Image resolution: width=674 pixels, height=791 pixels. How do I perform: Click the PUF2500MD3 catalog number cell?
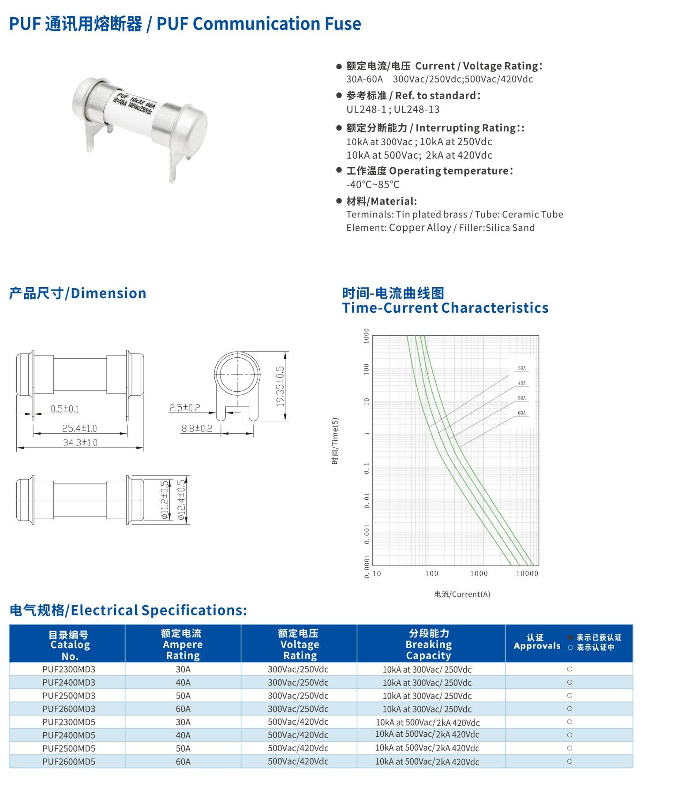(69, 696)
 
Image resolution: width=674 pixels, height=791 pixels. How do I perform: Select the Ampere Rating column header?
(183, 645)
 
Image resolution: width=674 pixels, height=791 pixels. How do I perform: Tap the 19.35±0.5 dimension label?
(280, 386)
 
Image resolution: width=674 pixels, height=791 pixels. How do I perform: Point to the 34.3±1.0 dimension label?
(80, 442)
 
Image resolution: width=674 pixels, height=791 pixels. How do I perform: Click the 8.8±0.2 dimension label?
(197, 428)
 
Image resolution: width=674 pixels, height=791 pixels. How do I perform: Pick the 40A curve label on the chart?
(522, 383)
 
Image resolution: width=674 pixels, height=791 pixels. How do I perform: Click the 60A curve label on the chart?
(522, 413)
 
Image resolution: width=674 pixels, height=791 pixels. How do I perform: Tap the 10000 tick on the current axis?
(527, 574)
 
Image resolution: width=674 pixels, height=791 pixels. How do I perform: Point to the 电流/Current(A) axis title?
(462, 594)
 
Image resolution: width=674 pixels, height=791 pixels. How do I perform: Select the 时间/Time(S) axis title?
(335, 440)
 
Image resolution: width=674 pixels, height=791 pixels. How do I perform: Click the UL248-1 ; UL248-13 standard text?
(393, 109)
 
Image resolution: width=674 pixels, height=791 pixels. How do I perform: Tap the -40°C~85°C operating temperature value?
(373, 184)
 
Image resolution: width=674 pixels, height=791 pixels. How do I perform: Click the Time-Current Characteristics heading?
(445, 308)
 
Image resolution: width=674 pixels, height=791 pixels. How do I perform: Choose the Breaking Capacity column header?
(429, 645)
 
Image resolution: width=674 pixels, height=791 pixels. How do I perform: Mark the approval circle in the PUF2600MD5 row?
(569, 761)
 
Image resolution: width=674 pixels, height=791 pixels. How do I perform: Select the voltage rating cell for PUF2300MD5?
(298, 722)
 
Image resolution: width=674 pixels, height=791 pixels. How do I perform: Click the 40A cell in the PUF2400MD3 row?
(183, 682)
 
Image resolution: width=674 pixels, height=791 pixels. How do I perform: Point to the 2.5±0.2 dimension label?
(185, 408)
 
